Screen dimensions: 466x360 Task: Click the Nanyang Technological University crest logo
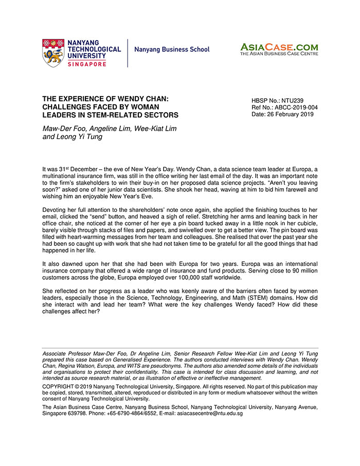53,52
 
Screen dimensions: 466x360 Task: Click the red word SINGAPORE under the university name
87,64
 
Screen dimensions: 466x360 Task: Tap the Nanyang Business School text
172,50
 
